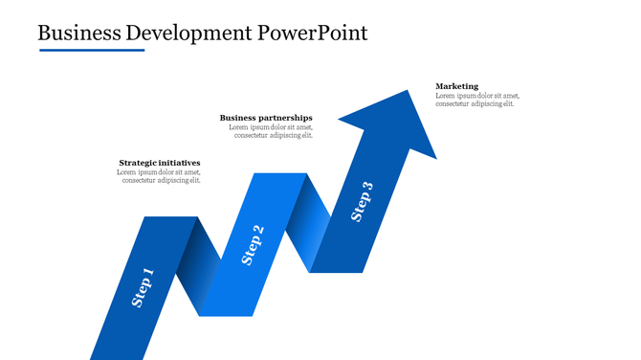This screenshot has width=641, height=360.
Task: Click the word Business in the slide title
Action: (x=79, y=33)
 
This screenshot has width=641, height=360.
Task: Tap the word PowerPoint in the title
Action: (x=313, y=33)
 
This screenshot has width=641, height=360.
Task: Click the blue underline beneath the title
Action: (x=92, y=50)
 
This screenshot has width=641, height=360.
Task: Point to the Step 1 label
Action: (x=143, y=287)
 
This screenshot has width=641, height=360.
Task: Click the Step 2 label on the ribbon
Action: (x=253, y=244)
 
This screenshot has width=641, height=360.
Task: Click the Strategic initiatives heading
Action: (x=160, y=163)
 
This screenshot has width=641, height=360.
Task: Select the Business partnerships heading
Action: (x=266, y=118)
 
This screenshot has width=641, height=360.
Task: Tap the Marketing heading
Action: (x=456, y=86)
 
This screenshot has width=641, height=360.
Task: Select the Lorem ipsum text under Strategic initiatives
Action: (x=159, y=176)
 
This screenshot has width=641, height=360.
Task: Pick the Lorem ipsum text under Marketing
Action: (x=477, y=100)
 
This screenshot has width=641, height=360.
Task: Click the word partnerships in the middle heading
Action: (x=286, y=118)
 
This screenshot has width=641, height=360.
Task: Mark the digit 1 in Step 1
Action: (x=148, y=275)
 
